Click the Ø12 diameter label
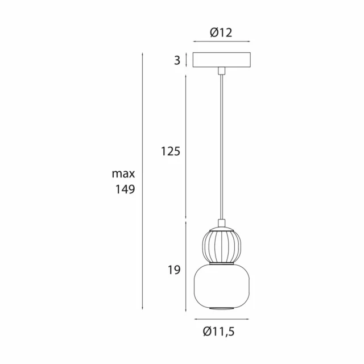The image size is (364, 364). [221, 32]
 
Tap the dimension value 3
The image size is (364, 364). [177, 60]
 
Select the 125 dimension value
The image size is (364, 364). [170, 151]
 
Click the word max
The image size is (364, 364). [123, 174]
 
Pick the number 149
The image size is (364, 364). [124, 190]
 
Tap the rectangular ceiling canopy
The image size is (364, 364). [221, 60]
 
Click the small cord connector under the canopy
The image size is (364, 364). [221, 71]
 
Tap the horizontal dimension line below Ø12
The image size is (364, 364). [221, 42]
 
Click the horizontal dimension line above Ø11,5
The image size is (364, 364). [221, 318]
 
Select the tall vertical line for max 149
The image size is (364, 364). [142, 182]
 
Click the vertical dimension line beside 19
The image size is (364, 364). [185, 267]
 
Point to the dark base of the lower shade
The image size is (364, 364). [221, 309]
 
